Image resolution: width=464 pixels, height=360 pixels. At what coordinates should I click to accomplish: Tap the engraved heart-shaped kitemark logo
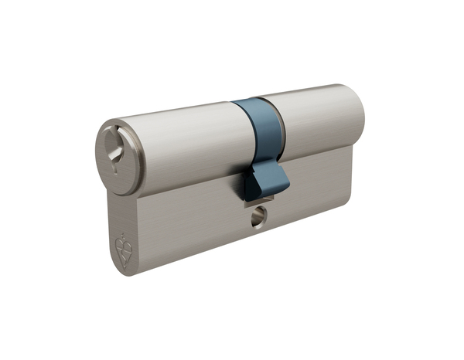tap(122, 249)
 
